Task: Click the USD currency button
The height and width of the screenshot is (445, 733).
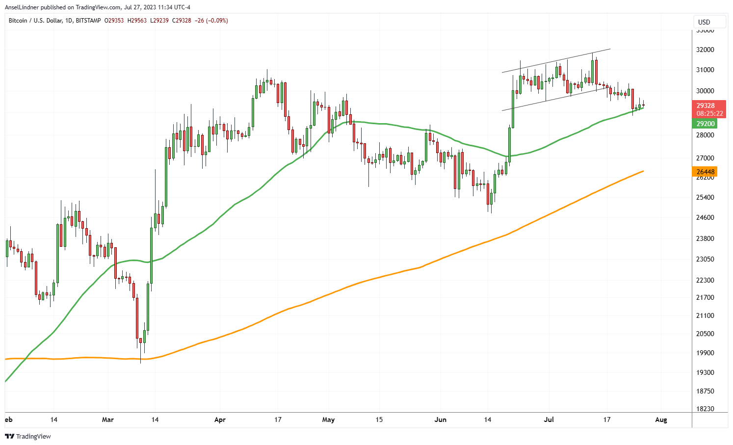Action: [704, 22]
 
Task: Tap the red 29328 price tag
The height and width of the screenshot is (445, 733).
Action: [706, 105]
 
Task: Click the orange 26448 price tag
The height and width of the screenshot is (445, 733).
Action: [706, 172]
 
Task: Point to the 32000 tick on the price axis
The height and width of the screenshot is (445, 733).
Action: [706, 50]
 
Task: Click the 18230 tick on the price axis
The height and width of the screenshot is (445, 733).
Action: [706, 409]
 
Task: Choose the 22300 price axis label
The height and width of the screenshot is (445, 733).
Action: [706, 280]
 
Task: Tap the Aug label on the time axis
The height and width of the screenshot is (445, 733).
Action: [661, 420]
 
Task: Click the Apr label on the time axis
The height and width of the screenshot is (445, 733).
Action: [220, 420]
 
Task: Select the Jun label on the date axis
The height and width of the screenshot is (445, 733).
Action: [441, 420]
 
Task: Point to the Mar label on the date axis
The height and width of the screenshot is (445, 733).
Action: [107, 420]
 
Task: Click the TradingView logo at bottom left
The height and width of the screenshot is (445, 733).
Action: [28, 436]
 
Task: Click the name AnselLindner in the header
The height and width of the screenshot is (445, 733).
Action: [22, 7]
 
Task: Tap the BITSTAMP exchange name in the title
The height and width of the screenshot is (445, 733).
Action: [89, 21]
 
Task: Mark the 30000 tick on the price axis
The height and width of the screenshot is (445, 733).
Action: [706, 91]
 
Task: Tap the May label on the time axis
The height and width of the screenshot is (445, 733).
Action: [328, 420]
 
